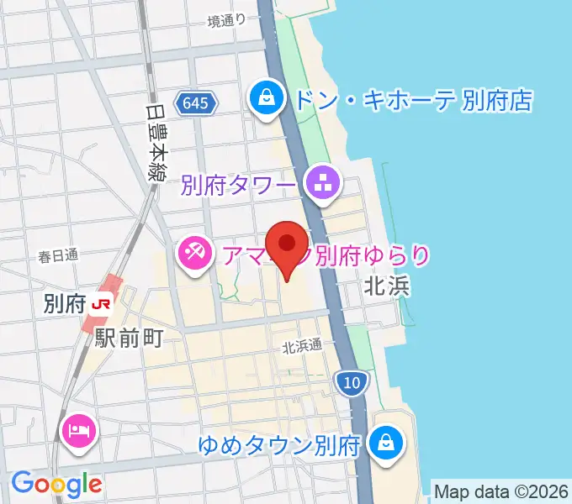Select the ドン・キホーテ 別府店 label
(412, 102)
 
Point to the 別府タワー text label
(238, 183)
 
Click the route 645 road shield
(196, 104)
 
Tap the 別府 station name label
(64, 303)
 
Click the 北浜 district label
(386, 286)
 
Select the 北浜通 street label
(302, 345)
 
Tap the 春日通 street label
(58, 255)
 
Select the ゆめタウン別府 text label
(280, 442)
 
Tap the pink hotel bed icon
(81, 433)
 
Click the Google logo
(56, 483)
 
